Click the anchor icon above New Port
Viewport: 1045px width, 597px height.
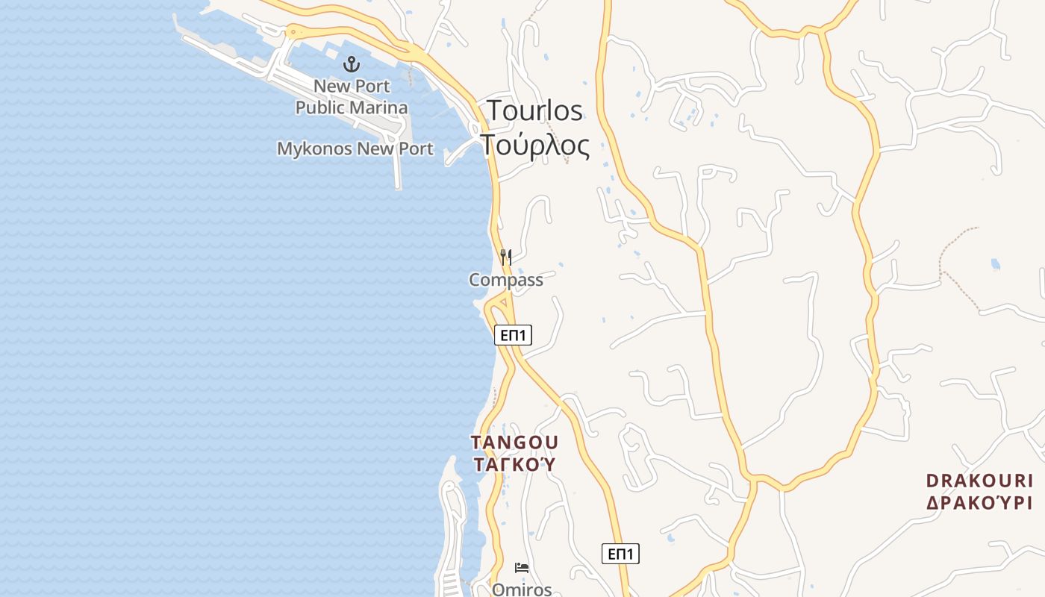tap(352, 65)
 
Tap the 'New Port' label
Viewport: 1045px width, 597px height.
tap(352, 86)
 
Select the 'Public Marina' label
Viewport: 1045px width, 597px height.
tap(352, 107)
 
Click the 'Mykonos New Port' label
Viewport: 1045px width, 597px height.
tap(355, 149)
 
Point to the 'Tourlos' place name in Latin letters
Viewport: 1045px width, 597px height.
tap(534, 110)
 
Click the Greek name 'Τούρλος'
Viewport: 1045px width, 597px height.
tap(534, 145)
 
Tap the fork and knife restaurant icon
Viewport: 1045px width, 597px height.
tap(506, 257)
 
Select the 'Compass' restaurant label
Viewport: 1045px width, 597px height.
tap(506, 280)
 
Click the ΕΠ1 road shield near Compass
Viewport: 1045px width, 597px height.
tap(513, 336)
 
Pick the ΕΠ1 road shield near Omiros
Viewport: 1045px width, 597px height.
tap(620, 554)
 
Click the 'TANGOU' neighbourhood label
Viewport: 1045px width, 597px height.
tap(514, 443)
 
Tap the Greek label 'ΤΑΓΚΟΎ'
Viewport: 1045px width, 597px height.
tap(514, 464)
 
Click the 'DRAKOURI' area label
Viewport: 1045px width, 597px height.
tap(979, 481)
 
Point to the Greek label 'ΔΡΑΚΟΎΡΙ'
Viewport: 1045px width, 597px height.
tap(979, 502)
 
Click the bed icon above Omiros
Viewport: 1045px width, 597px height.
tap(522, 569)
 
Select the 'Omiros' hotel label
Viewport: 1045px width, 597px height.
tap(522, 590)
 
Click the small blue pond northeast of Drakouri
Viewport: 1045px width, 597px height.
tap(994, 264)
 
